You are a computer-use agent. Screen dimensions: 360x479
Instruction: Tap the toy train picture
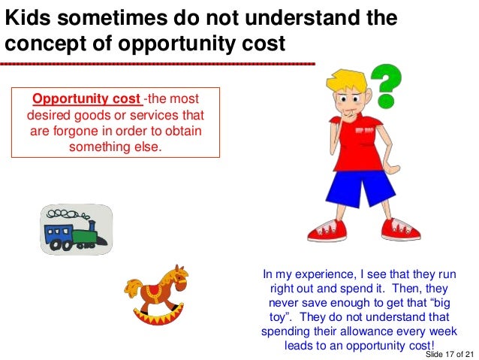click(75, 228)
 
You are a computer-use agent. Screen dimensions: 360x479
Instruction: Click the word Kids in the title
click(27, 17)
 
